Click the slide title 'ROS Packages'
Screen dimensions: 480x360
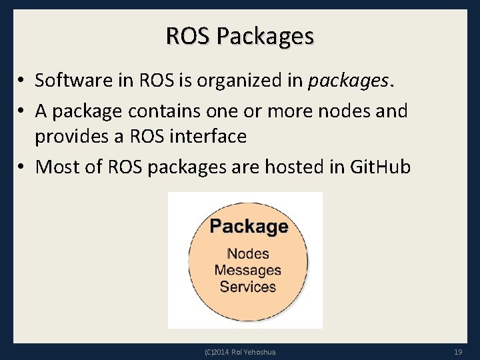coord(240,36)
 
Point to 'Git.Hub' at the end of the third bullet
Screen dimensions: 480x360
coord(380,167)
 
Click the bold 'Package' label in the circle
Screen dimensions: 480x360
coord(249,227)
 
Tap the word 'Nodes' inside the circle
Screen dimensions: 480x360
coord(248,254)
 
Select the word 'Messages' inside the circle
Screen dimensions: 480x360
coord(248,271)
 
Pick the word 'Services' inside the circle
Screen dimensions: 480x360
coord(248,287)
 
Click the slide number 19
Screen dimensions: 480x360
coord(457,351)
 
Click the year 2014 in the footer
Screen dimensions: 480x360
coord(221,352)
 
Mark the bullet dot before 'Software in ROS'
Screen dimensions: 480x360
coord(22,81)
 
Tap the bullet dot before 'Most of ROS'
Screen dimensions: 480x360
coord(22,167)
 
